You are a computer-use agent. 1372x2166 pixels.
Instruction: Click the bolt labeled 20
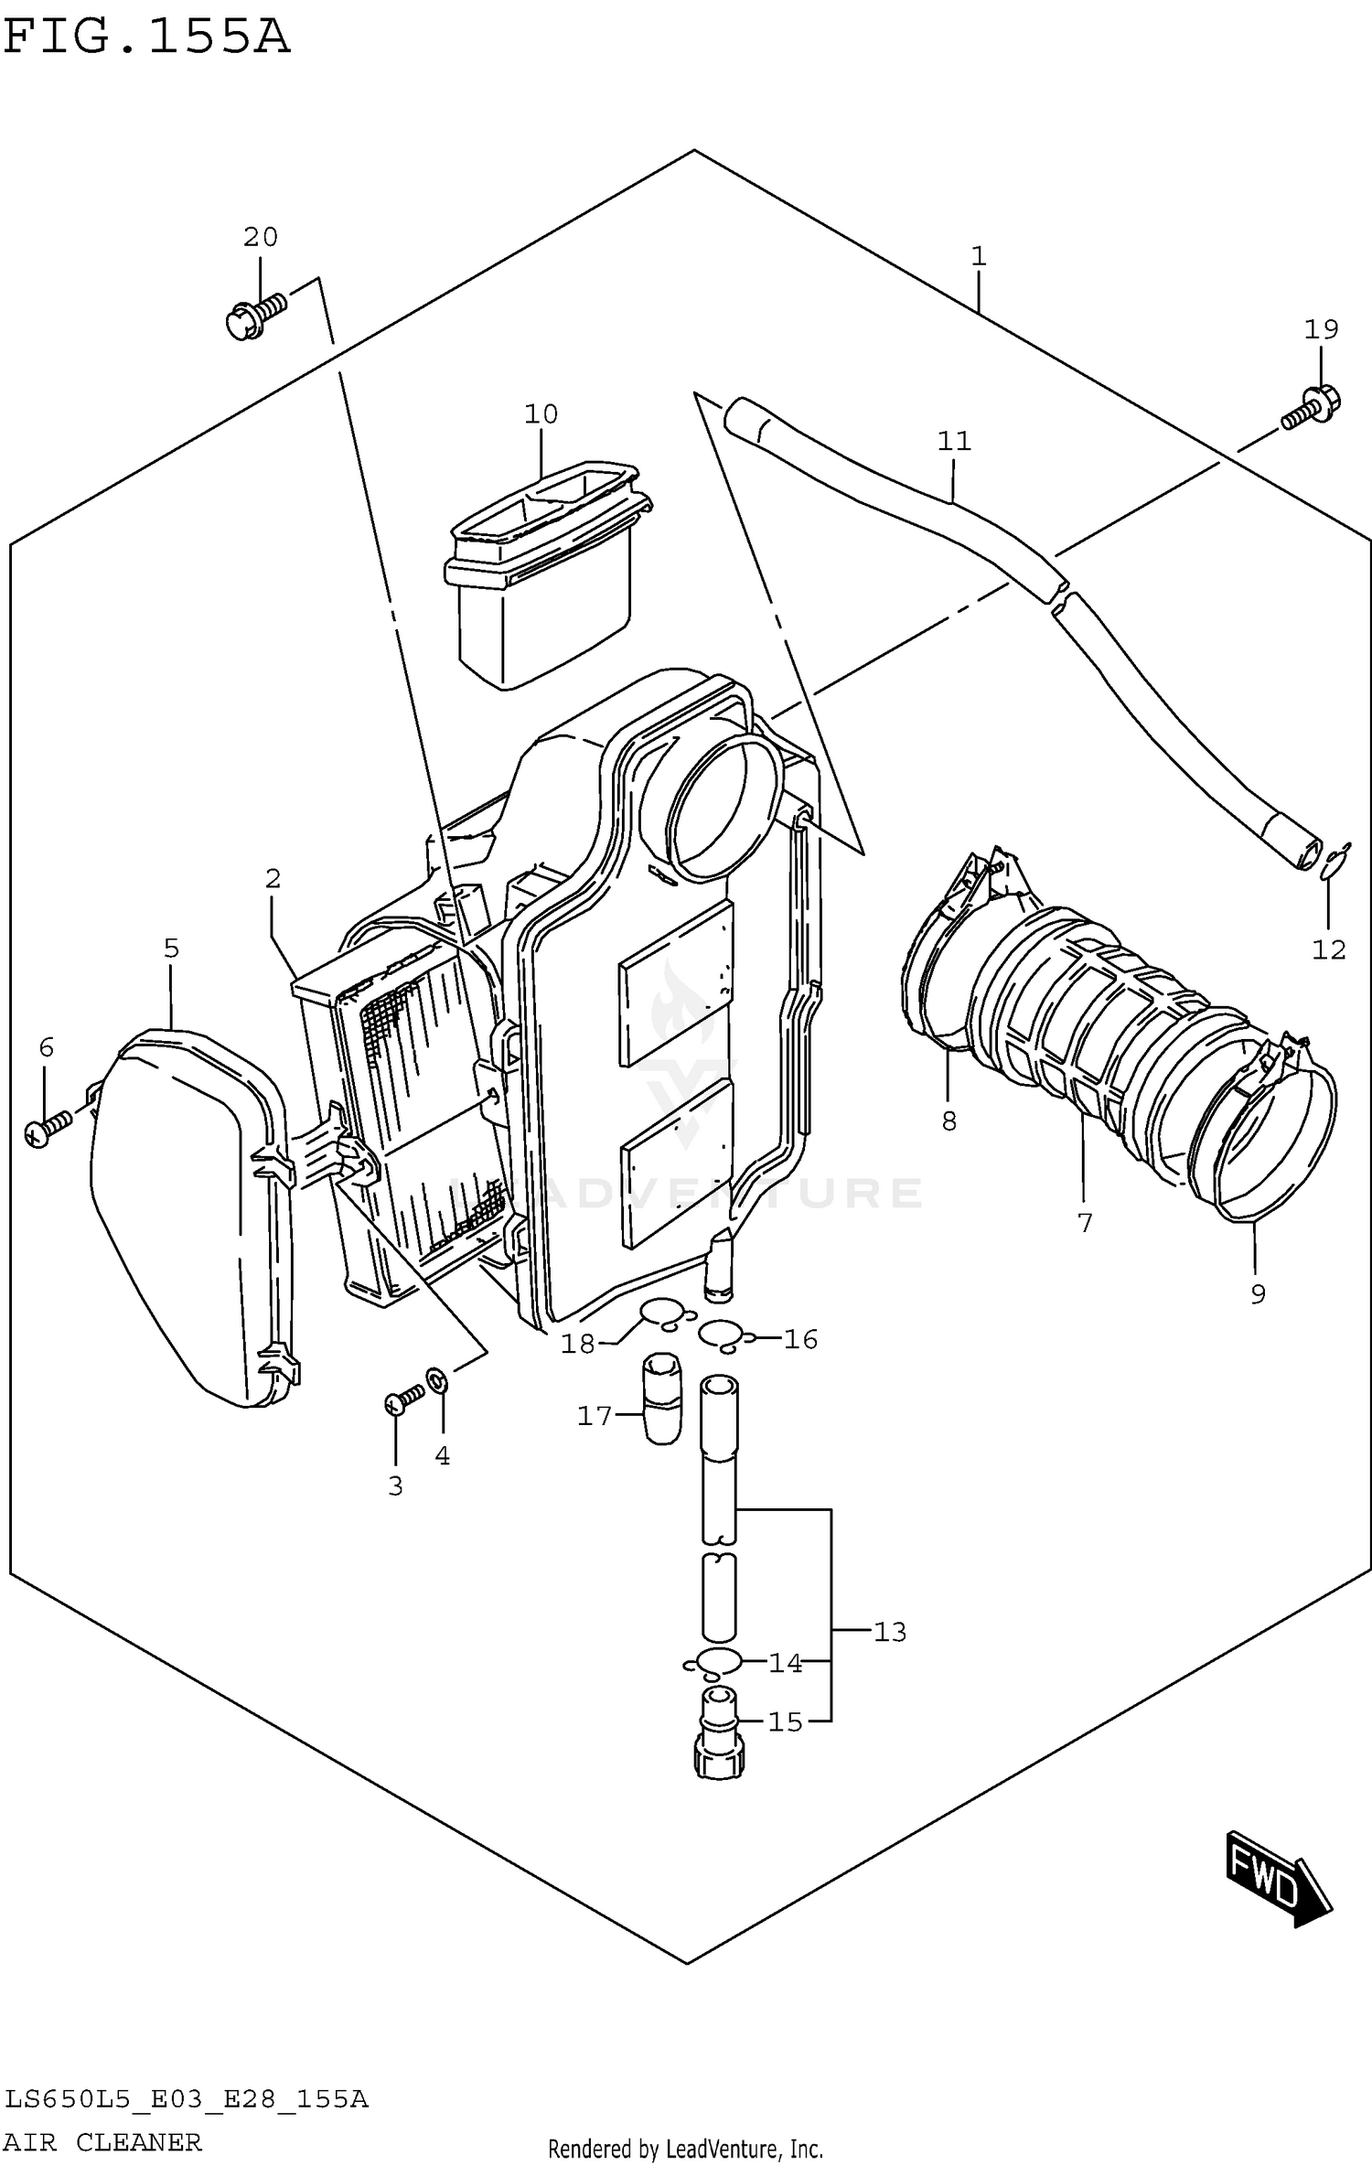tap(253, 315)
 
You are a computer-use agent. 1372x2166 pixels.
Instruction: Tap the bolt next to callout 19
tap(1309, 409)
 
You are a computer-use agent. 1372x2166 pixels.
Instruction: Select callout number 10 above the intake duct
tap(541, 414)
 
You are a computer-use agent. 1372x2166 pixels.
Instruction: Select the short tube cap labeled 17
tap(662, 1398)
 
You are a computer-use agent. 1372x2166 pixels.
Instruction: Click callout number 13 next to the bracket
tap(889, 1632)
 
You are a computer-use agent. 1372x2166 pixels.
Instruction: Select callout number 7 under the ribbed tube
tap(1085, 1223)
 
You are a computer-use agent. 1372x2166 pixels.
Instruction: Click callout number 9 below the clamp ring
tap(1258, 1293)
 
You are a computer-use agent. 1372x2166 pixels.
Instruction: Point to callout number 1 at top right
tap(978, 257)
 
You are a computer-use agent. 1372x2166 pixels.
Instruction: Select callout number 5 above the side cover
tap(171, 949)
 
